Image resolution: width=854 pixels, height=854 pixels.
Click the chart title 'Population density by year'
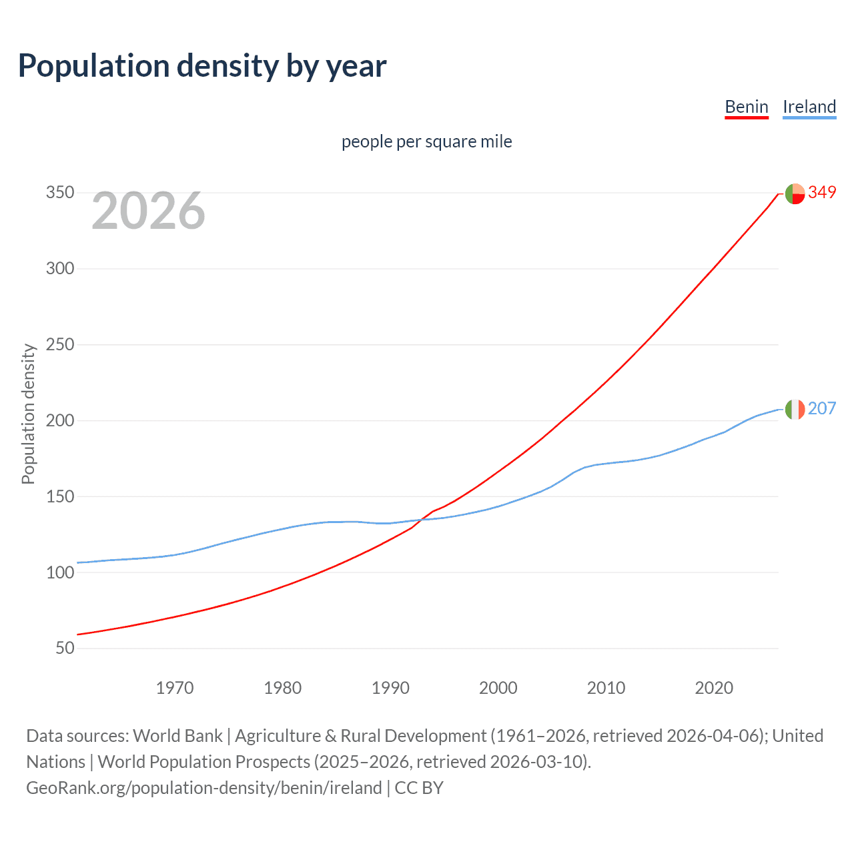point(202,66)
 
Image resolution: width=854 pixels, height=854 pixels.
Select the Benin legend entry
point(746,107)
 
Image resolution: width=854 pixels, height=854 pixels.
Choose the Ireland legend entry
point(809,107)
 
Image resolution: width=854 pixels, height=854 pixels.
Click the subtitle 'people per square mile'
point(426,141)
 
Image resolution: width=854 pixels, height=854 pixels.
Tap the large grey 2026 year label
point(148,211)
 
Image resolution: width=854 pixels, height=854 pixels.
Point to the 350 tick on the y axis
point(59,193)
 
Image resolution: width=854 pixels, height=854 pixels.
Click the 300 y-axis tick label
point(59,269)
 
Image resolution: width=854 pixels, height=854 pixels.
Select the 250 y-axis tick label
point(59,345)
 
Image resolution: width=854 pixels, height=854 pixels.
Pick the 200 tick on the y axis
point(59,421)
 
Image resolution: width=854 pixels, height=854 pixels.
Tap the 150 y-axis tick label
point(59,497)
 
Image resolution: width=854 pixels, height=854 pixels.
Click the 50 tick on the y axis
point(65,649)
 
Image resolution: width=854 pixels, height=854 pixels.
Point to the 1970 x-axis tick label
point(175,688)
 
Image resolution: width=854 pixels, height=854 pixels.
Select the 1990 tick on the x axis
point(390,688)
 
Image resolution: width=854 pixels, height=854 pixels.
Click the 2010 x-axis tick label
point(606,688)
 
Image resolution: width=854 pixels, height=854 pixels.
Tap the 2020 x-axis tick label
point(714,688)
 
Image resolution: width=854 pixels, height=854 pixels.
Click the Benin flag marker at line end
point(795,193)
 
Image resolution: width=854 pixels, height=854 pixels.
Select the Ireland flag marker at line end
point(795,409)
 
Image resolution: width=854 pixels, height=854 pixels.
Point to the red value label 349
point(822,193)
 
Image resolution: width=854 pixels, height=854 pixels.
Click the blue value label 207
point(822,408)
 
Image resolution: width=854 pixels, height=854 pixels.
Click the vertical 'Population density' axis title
point(28,414)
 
